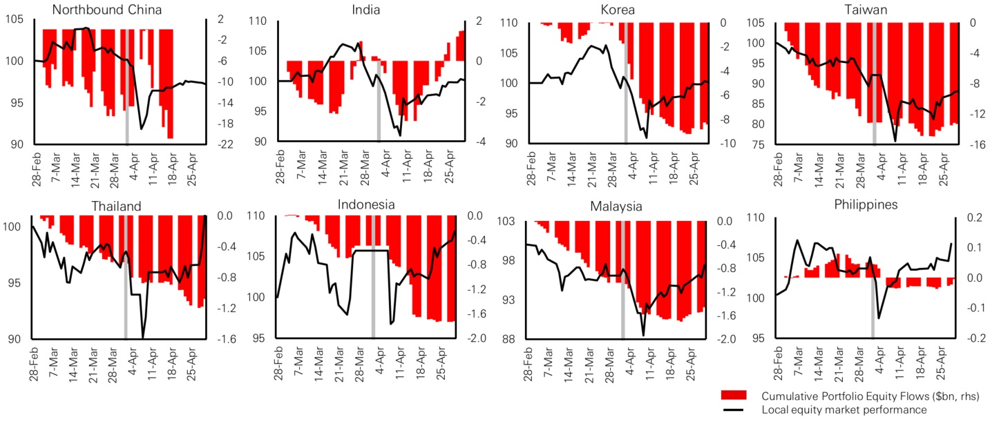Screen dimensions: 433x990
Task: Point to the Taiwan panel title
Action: (x=865, y=10)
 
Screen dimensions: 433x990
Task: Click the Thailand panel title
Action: (x=116, y=206)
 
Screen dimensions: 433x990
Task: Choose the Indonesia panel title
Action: (x=366, y=204)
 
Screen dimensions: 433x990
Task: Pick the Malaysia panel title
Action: (x=616, y=206)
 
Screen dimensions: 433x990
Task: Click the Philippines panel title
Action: (x=865, y=204)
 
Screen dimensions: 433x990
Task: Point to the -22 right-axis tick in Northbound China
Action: (x=225, y=144)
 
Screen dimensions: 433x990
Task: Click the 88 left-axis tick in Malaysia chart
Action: (x=512, y=339)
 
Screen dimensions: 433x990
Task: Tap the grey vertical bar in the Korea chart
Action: (x=623, y=83)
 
